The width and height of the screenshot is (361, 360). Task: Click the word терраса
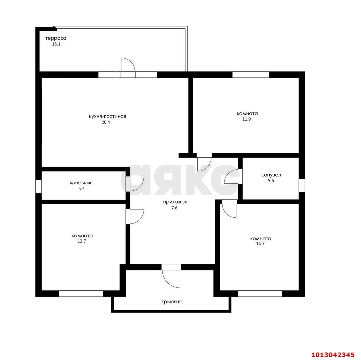tap(56, 38)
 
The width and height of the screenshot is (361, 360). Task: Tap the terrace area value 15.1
tap(56, 44)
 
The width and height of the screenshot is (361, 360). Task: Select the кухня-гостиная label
tap(107, 116)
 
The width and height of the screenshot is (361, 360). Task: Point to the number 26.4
tap(106, 122)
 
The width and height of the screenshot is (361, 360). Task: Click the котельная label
tap(81, 183)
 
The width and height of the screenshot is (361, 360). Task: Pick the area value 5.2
tap(81, 189)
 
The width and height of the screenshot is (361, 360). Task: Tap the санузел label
tap(271, 175)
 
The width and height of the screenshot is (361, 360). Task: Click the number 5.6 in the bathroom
tap(271, 181)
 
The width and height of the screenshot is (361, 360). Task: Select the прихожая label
tap(175, 202)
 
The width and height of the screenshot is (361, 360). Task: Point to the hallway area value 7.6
tap(174, 208)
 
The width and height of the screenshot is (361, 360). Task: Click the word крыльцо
tap(172, 302)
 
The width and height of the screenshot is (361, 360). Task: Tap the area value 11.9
tap(246, 119)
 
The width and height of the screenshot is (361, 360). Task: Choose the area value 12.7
tap(82, 241)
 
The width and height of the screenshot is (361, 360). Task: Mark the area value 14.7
tap(260, 244)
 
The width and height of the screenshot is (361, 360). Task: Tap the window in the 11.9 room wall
tap(250, 74)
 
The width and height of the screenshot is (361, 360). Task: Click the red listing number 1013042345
tap(333, 350)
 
